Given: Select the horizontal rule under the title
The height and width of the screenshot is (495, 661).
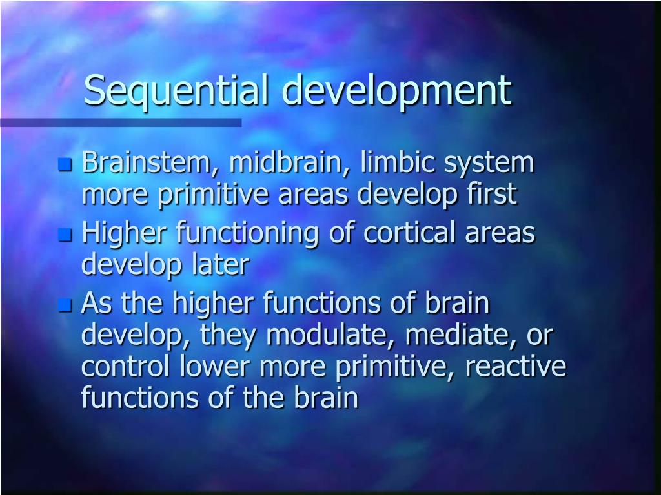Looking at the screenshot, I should [121, 122].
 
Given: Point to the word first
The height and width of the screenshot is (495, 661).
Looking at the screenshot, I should [495, 195].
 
